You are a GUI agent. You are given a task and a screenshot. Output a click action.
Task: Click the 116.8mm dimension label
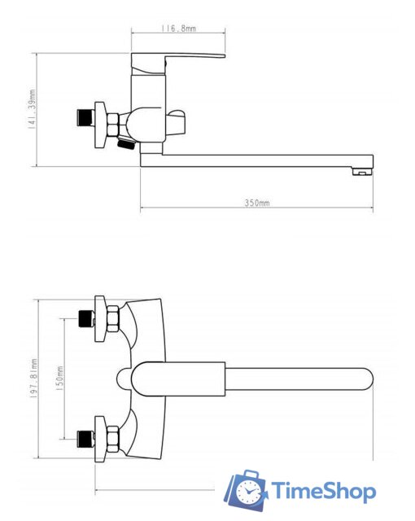[x=179, y=28]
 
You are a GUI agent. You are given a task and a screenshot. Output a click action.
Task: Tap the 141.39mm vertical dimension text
[x=32, y=108]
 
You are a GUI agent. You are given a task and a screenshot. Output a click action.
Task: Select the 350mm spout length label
[x=257, y=203]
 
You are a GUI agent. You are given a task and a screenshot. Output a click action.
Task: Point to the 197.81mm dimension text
[x=33, y=378]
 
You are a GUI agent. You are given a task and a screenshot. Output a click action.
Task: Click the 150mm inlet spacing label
[x=59, y=378]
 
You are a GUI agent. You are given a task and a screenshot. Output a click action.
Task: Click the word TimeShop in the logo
[x=324, y=491]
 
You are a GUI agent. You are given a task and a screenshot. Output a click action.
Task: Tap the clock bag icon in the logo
[x=246, y=490]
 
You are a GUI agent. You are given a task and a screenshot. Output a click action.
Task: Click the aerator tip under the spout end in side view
[x=362, y=172]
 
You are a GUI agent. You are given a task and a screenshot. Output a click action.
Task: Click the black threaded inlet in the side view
[x=85, y=118]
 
